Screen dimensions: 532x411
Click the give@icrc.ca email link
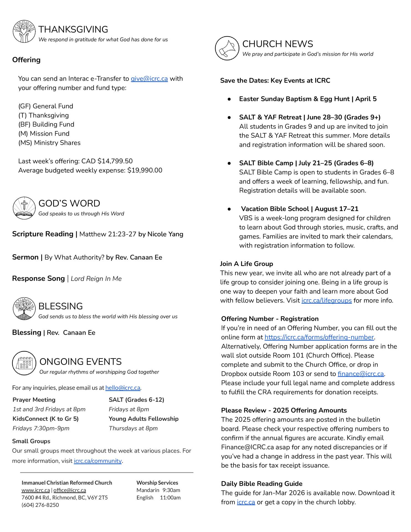coord(149,79)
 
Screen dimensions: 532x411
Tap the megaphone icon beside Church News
coord(227,48)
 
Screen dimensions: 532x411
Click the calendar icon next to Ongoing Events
coord(24,363)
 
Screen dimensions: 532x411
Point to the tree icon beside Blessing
coord(24,309)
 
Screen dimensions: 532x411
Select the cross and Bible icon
coord(24,208)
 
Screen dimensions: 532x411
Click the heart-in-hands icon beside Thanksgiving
coord(24,31)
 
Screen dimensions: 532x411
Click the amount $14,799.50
coord(115,161)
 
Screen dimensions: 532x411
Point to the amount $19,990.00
coord(145,170)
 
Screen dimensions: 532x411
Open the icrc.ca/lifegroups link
coord(326,301)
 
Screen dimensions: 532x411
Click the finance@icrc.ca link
coord(361,374)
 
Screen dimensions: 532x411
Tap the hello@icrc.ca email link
coord(123,388)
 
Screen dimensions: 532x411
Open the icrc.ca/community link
coord(97,461)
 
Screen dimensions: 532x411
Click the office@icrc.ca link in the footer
coord(70,490)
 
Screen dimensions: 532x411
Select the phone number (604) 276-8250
coord(40,505)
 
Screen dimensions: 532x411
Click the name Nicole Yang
coord(165,234)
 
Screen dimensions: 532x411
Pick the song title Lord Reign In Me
coord(96,279)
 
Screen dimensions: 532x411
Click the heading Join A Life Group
coord(246,264)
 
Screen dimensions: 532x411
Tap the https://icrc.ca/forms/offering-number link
coord(319,337)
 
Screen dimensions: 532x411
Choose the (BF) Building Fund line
coord(46,124)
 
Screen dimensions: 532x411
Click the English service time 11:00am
coord(170,498)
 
